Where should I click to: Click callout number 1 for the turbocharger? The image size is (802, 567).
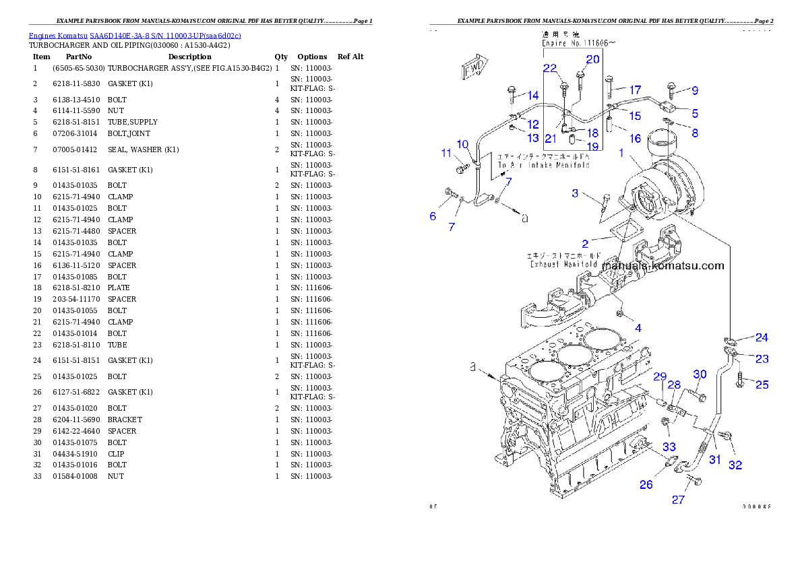(x=621, y=153)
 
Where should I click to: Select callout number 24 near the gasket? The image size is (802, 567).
(x=761, y=337)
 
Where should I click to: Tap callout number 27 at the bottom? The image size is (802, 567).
(x=678, y=499)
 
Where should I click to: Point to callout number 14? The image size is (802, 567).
(x=532, y=95)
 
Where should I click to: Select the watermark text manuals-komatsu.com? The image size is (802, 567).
(x=662, y=265)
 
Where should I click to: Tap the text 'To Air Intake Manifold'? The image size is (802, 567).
(x=543, y=165)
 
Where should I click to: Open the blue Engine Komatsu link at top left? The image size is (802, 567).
(x=135, y=35)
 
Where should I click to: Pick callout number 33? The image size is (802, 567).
(x=669, y=446)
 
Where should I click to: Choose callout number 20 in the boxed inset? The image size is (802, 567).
(x=592, y=59)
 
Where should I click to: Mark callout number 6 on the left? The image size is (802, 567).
(x=433, y=216)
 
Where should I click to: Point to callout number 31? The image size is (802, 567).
(x=714, y=460)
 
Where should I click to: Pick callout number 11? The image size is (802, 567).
(x=446, y=154)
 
